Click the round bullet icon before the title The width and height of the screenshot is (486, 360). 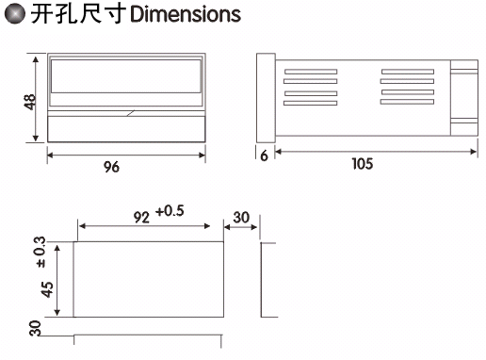tap(15, 13)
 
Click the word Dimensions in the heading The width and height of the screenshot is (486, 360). tap(186, 14)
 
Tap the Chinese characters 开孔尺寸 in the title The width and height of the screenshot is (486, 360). tap(78, 14)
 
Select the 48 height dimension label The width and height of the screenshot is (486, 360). tap(30, 102)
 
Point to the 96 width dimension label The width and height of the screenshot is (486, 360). tap(112, 167)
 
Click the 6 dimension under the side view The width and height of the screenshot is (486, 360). tap(265, 155)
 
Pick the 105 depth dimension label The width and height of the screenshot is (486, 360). tap(363, 164)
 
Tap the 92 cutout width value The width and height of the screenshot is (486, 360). tap(141, 218)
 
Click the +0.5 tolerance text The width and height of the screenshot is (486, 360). tap(170, 211)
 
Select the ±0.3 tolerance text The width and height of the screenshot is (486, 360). tap(41, 253)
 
